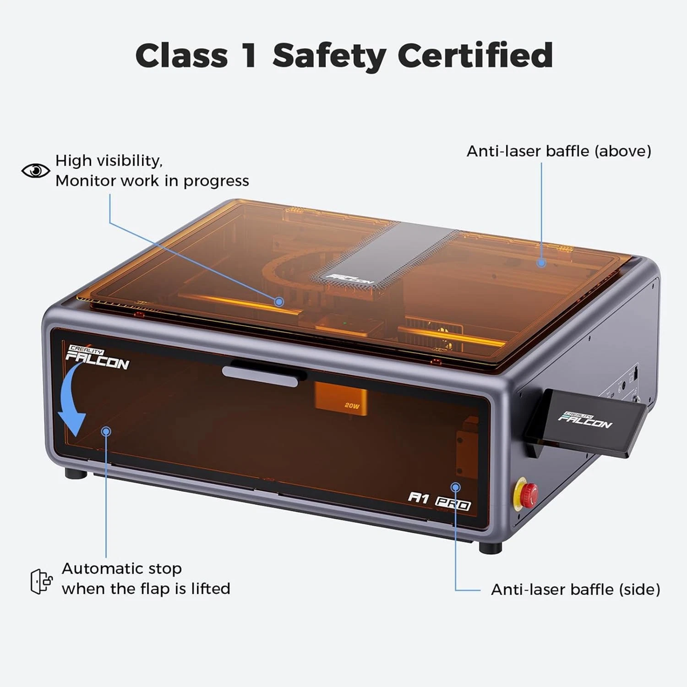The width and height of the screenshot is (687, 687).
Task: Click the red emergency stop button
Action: tap(528, 493)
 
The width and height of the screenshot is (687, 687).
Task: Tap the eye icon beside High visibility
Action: tap(35, 170)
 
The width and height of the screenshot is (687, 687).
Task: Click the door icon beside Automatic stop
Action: tap(41, 581)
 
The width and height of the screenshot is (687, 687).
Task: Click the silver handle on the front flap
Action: tap(264, 372)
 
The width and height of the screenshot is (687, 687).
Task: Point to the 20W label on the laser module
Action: tap(352, 405)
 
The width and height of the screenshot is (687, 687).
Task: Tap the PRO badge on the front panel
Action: tap(453, 504)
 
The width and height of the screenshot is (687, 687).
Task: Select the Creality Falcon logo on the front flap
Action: tap(97, 357)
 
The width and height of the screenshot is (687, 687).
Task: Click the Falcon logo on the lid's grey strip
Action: tap(350, 279)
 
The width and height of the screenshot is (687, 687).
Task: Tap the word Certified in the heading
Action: tap(475, 56)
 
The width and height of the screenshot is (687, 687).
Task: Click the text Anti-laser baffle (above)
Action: tap(559, 151)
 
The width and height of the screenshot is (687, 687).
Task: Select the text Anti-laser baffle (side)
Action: tap(575, 589)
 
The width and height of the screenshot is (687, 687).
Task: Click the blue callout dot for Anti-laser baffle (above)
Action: tap(541, 263)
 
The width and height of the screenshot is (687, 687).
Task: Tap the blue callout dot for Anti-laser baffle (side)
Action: tap(456, 487)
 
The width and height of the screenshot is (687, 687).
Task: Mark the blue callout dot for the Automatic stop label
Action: tap(106, 431)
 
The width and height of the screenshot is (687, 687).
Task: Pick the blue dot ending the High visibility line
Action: tap(279, 301)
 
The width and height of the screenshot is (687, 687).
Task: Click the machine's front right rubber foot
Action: tap(490, 547)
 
